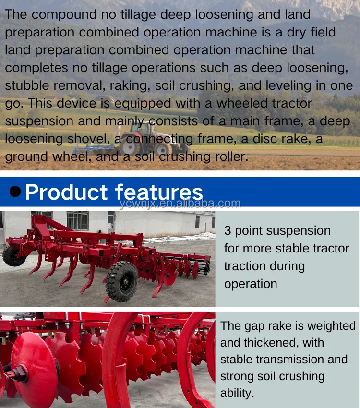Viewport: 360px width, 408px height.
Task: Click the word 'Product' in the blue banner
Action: click(x=66, y=192)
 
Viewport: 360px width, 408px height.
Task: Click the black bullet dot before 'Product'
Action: click(x=15, y=192)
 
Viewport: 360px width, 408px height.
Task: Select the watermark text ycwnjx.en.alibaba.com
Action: click(x=180, y=203)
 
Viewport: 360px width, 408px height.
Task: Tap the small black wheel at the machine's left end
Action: click(x=13, y=256)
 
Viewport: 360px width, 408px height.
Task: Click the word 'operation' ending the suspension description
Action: click(x=251, y=284)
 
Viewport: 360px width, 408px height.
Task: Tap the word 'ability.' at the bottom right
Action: click(x=237, y=393)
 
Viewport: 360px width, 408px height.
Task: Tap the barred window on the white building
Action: click(x=77, y=220)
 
